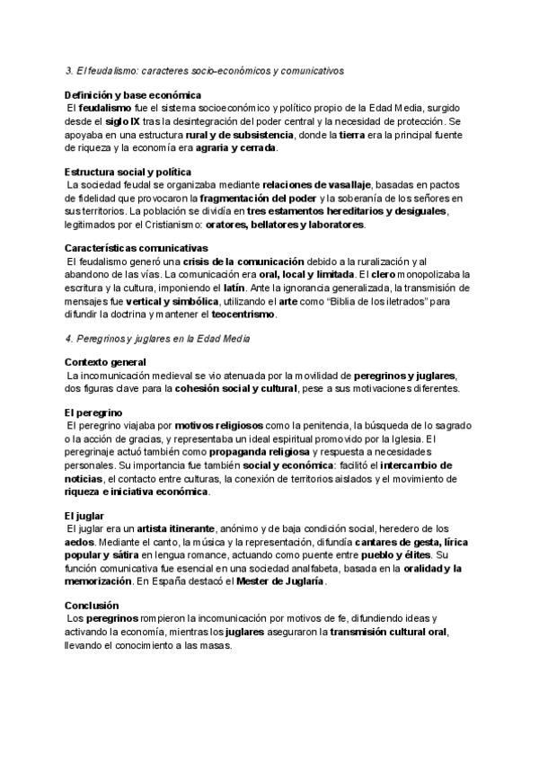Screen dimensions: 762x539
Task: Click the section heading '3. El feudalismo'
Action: coord(204,69)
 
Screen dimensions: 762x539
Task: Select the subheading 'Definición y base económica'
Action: coord(133,94)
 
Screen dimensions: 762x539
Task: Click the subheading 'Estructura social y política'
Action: coord(128,171)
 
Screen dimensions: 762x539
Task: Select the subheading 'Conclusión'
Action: coord(93,607)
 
